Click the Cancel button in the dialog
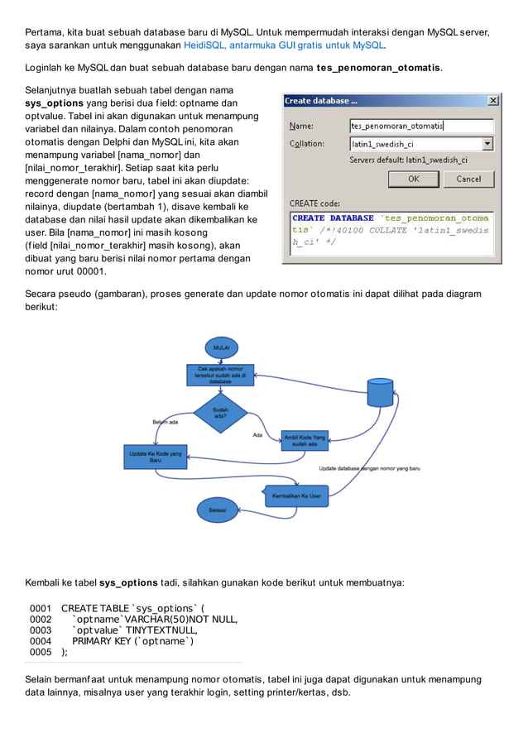pos(468,179)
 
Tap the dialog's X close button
pos(493,101)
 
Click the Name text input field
pos(421,126)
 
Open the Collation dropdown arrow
pos(487,144)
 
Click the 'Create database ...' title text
pos(321,101)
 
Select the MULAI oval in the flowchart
pos(222,348)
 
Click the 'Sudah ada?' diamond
pos(221,412)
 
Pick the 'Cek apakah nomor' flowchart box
pos(220,375)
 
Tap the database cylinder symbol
pos(380,391)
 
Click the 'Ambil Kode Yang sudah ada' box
pos(305,440)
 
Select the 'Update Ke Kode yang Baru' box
pos(155,456)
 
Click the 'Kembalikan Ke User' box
pos(296,496)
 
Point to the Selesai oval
pos(218,510)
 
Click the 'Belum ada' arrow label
pos(165,422)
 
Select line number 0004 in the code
pos(41,640)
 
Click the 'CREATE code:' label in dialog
pos(314,203)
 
